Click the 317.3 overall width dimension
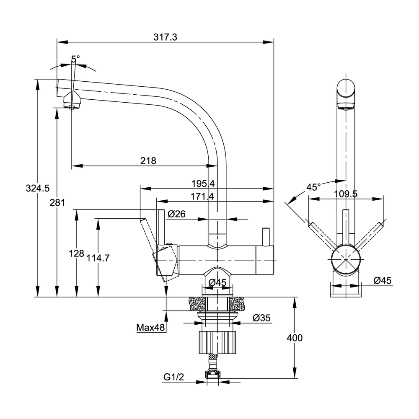coord(166,37)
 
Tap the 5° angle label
coord(75,59)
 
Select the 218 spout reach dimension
coord(148,160)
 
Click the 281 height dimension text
coord(57,203)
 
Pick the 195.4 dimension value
coord(203,184)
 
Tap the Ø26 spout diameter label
coord(176,214)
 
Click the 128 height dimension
coord(76,254)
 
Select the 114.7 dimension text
coord(98,259)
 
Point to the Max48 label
coord(151,327)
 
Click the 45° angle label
coord(313,187)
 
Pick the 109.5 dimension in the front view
coord(346,194)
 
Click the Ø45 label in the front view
coord(382,281)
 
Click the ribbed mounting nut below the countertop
coord(218,341)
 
